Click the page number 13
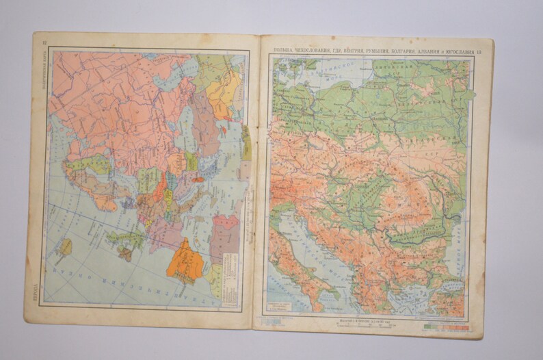479,52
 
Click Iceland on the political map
65,247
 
